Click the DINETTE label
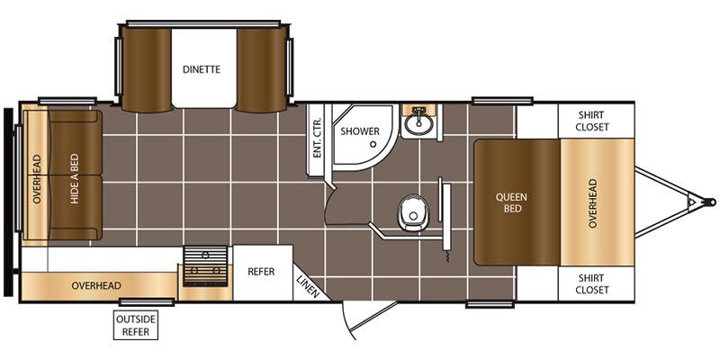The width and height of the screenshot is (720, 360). point(202,70)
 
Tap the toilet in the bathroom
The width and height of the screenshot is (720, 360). point(413,213)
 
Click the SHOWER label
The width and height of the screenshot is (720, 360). point(360,131)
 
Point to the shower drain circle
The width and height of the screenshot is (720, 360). point(373,144)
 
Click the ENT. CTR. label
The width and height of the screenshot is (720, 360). point(317,138)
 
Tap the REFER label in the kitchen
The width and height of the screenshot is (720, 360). point(261,272)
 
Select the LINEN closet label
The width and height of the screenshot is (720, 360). point(307,286)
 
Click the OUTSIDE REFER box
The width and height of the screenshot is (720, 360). point(136,325)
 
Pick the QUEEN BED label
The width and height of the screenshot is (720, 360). point(511,203)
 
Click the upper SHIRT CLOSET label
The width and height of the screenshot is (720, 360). point(592,121)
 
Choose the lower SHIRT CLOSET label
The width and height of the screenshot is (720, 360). point(592,283)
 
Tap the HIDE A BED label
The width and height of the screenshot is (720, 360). point(75,178)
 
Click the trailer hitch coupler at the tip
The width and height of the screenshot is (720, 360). point(711,202)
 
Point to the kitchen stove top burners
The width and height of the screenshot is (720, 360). point(205,274)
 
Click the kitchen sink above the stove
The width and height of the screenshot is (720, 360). point(205,255)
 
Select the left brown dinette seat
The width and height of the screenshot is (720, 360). point(147,69)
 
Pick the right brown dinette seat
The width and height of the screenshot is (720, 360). point(262,69)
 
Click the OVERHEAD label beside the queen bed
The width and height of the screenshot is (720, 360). point(593,203)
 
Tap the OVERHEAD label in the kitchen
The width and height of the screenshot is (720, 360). point(96,285)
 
